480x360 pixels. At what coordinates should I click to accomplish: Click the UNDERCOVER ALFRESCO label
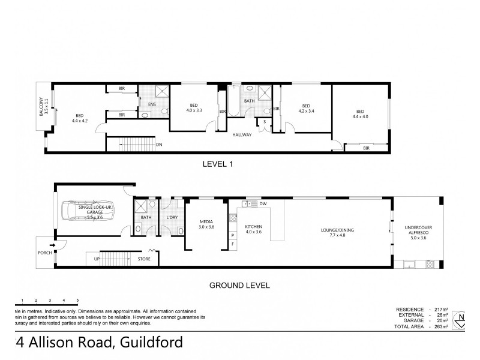418,231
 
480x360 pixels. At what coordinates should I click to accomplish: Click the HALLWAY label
242,134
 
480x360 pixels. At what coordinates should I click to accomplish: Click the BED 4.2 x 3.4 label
306,107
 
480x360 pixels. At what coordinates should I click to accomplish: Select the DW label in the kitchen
263,204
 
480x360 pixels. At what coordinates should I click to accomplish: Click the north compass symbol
460,319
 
